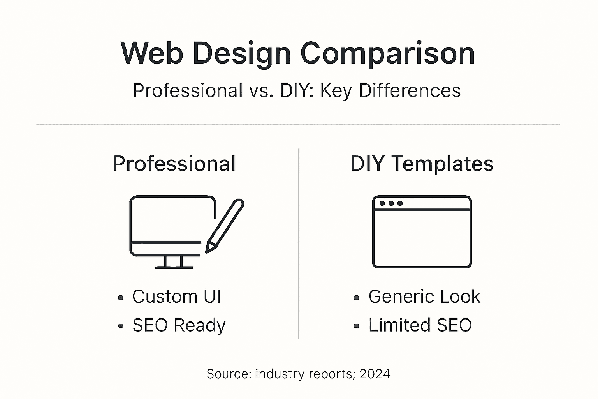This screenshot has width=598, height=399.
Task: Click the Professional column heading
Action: pos(174,164)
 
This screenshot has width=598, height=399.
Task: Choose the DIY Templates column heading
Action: pos(422,164)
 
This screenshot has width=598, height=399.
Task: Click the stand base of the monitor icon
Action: pos(174,267)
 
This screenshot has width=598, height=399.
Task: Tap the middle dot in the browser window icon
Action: pos(391,203)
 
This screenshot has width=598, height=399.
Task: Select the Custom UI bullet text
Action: pos(176,297)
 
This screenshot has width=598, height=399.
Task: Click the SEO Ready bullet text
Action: pos(179,325)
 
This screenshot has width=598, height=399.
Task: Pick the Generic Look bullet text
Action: pos(424,297)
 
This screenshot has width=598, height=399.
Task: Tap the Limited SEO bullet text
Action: pos(420,325)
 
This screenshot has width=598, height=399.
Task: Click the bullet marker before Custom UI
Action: pos(121,298)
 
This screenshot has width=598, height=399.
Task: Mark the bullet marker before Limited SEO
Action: pos(356,326)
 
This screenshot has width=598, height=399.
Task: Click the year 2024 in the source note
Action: pos(375,374)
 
